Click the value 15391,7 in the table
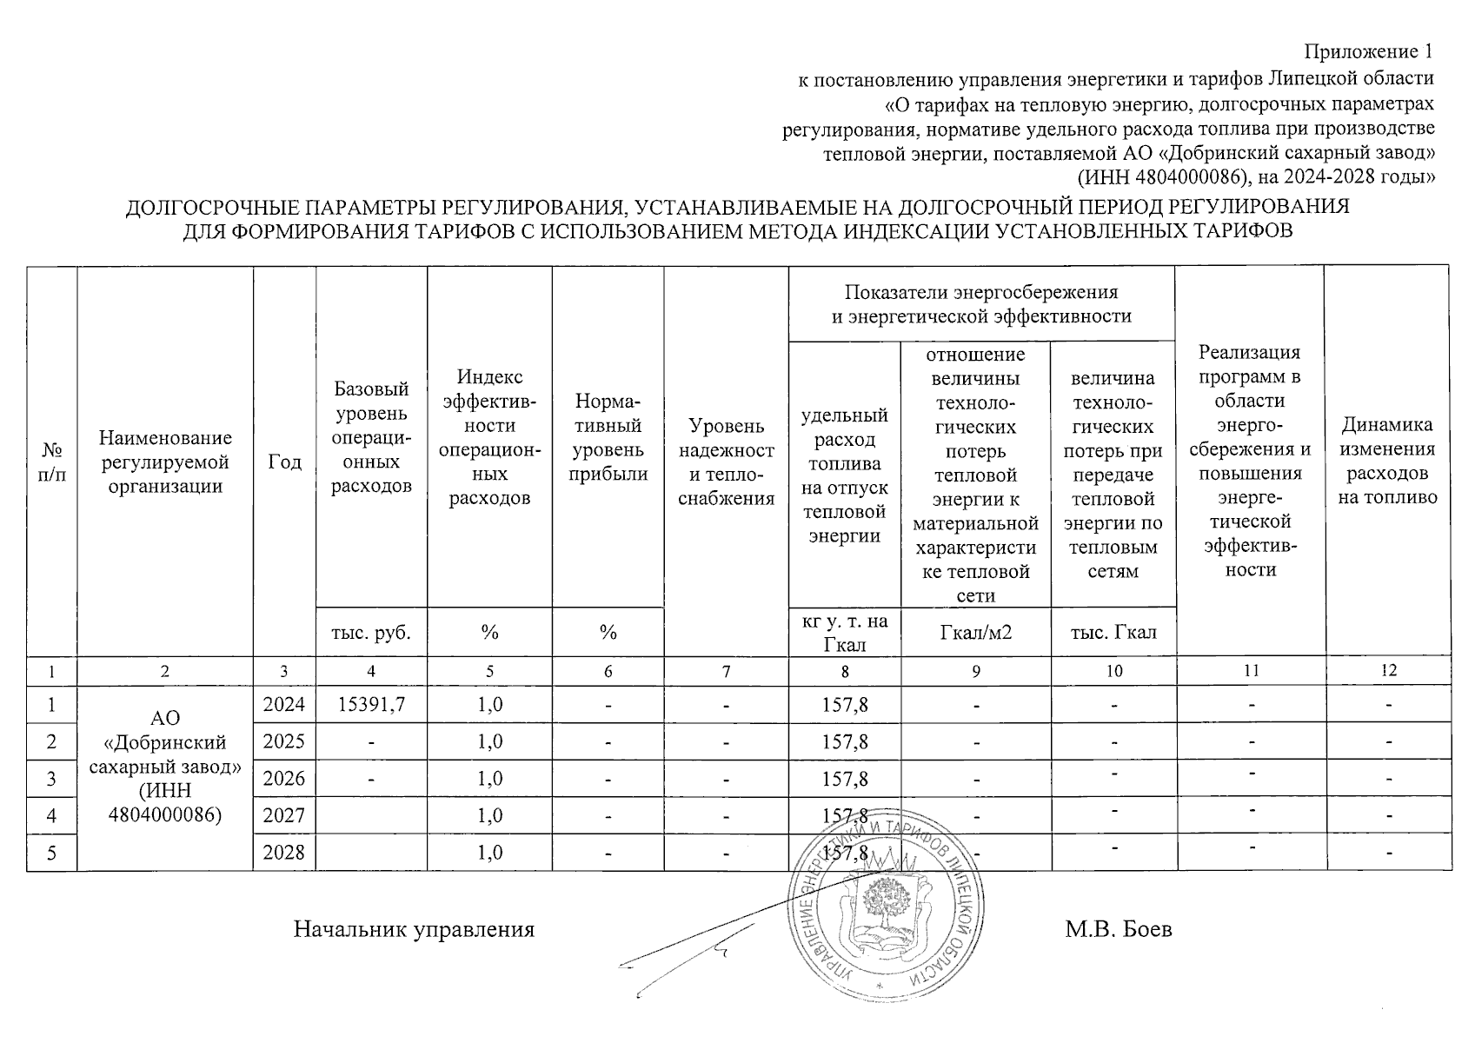371,704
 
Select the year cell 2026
284,778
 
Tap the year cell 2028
284,852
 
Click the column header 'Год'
284,462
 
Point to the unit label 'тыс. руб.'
371,632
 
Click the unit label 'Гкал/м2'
976,632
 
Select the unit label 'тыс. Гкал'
1113,632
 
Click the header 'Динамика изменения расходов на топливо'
1387,461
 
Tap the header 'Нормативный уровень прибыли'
608,437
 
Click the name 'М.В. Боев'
1119,929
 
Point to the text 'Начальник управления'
414,929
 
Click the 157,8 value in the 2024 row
844,704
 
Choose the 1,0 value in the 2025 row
489,741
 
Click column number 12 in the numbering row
1388,670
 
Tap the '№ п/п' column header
52,462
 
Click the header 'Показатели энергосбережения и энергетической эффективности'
981,303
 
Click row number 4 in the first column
52,815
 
